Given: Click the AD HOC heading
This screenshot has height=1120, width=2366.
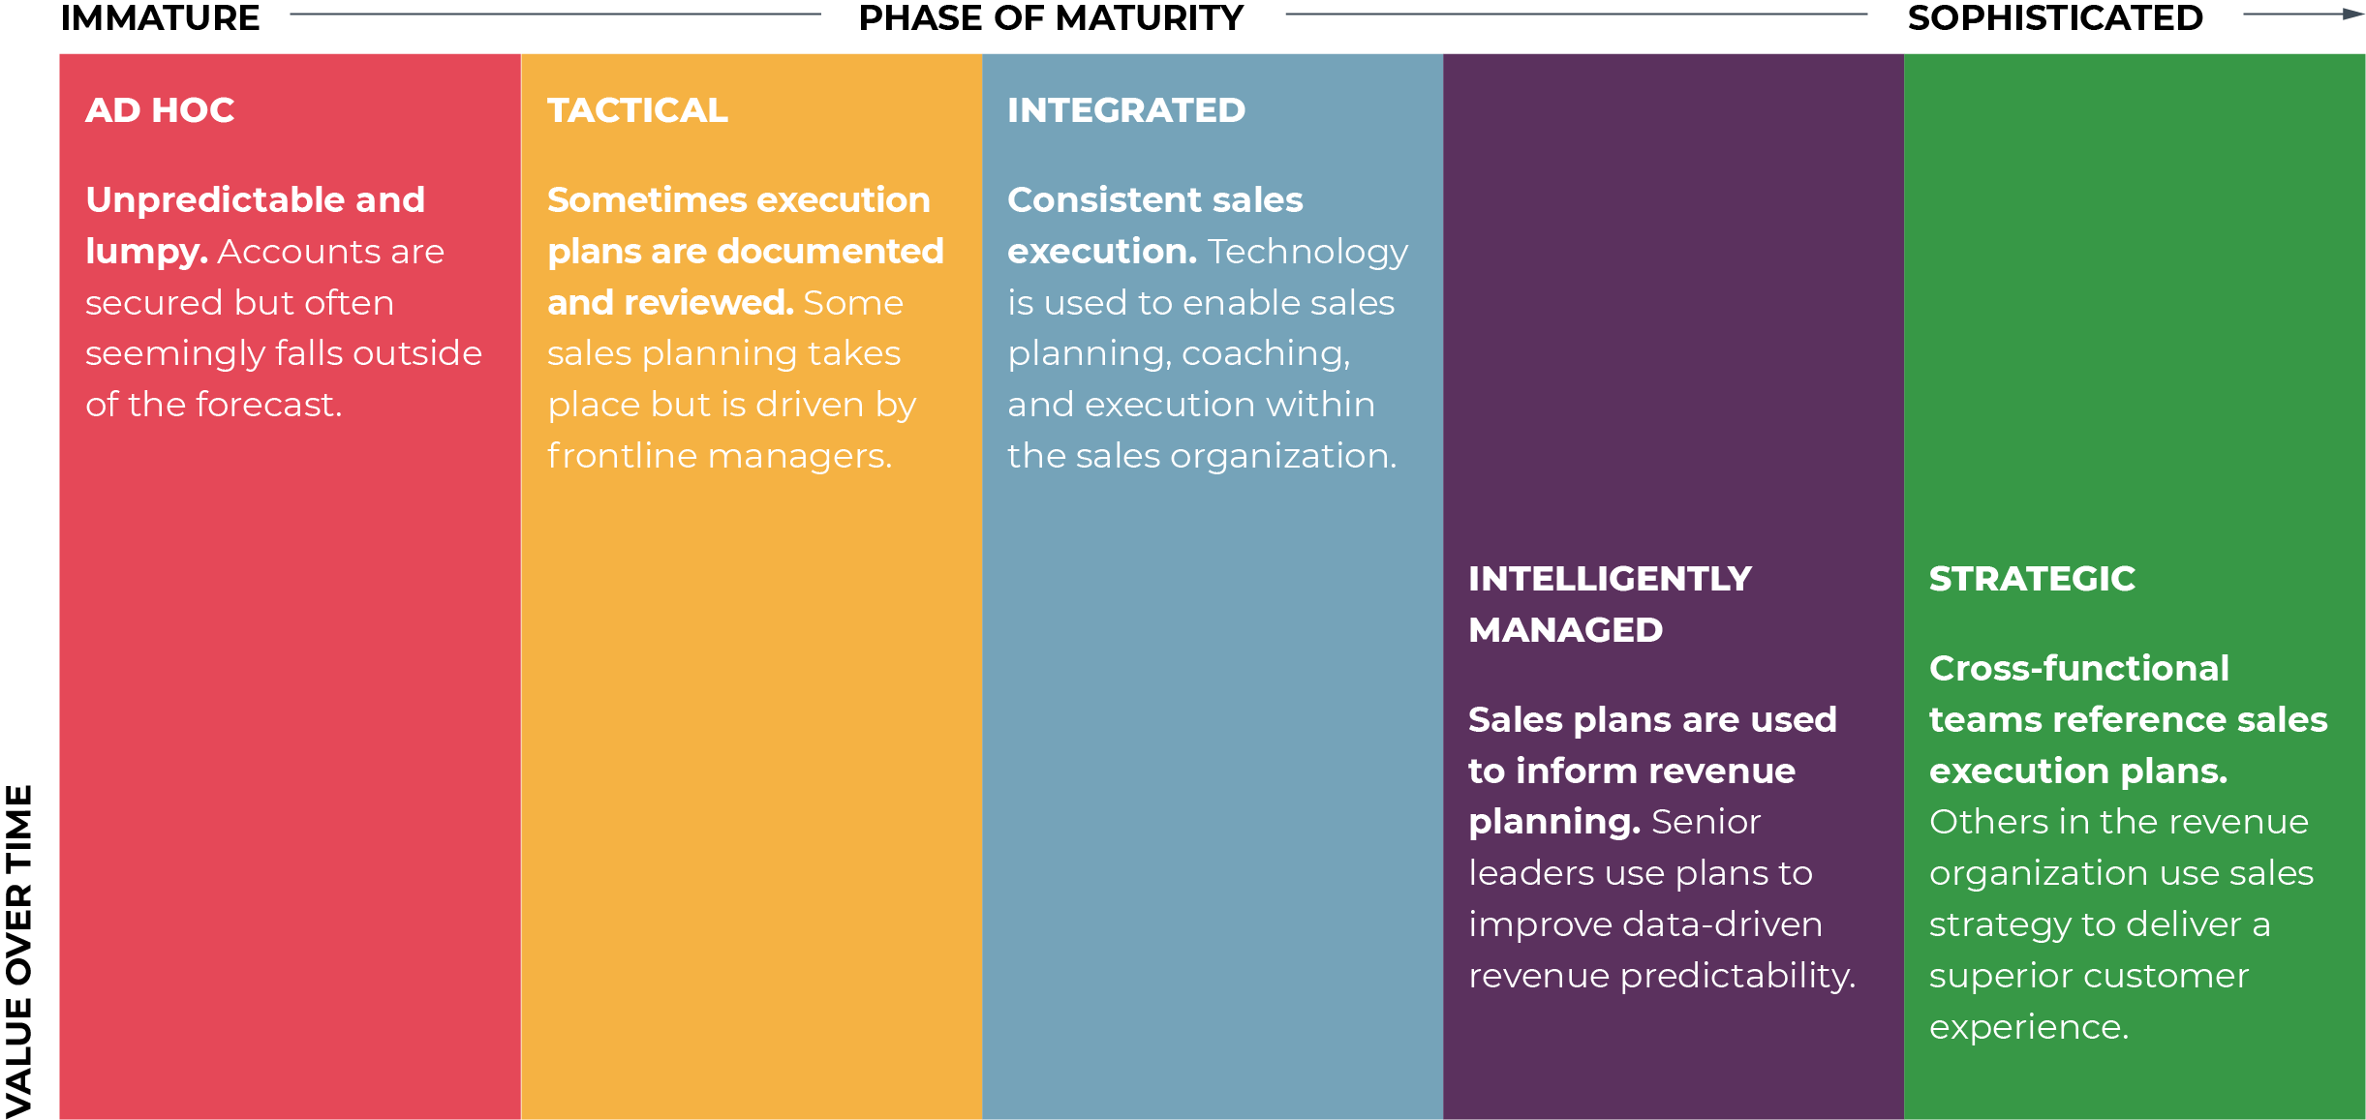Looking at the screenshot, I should (x=160, y=110).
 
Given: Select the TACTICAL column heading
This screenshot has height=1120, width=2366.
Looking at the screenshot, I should (x=637, y=110).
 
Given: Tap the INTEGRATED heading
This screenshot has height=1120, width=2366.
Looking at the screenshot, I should (x=1125, y=110).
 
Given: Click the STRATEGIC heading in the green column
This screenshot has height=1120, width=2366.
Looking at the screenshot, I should (x=2032, y=579).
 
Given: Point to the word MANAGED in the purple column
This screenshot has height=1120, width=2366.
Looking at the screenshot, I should (x=1565, y=630).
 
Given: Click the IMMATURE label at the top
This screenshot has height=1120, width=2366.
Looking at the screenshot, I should (x=160, y=17).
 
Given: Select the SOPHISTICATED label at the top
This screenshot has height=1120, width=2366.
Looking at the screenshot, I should (x=2055, y=17).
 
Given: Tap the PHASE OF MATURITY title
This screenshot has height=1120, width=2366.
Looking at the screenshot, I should (x=1051, y=17).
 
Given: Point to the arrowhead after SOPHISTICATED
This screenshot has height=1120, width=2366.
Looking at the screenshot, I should (x=2353, y=15).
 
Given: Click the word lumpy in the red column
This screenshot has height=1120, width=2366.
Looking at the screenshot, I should (x=145, y=252).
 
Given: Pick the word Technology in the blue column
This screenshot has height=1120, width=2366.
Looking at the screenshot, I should (x=1307, y=252).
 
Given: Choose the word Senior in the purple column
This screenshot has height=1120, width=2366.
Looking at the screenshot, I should (x=1705, y=822).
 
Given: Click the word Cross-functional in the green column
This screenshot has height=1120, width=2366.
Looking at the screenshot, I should (x=2078, y=668).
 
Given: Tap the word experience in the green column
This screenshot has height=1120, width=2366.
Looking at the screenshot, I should (x=2028, y=1027).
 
